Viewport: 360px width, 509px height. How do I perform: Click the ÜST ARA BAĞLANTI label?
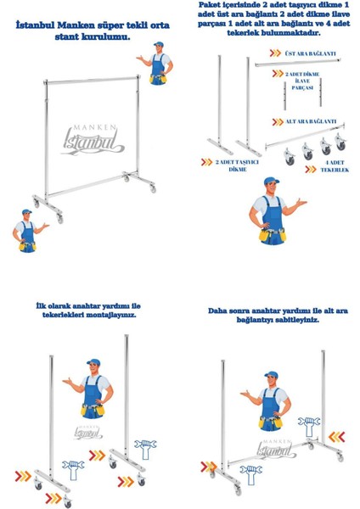310,53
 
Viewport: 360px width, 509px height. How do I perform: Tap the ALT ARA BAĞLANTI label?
311,121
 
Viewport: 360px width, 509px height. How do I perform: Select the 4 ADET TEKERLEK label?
335,166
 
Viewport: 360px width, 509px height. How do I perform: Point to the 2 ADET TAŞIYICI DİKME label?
237,165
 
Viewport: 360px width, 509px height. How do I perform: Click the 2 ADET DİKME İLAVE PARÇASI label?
302,81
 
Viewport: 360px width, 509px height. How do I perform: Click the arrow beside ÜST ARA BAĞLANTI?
275,53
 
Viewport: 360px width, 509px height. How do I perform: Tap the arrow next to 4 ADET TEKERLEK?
311,169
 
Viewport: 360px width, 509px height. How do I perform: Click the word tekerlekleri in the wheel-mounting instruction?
63,315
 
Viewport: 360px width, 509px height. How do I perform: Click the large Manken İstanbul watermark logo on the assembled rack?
93,140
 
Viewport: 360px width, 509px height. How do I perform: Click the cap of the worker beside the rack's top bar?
159,44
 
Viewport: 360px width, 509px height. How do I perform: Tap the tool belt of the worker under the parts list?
273,234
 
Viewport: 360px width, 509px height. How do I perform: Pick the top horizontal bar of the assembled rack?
92,81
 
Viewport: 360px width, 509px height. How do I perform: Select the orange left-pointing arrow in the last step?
336,437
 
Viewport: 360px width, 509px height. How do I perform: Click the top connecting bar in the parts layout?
298,63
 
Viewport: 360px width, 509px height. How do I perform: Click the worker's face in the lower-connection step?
272,381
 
